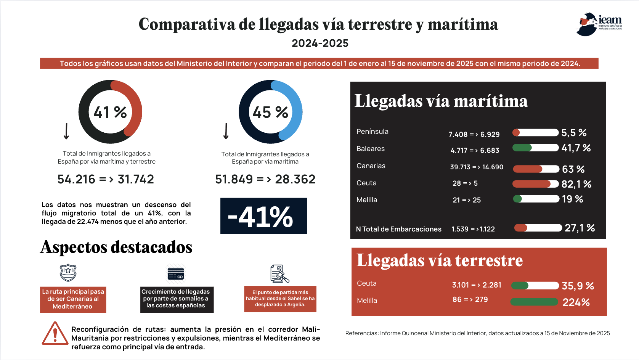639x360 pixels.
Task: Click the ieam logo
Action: point(599,24)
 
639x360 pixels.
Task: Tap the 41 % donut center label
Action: point(110,112)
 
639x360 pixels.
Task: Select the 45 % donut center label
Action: point(270,112)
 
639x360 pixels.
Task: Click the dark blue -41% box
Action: point(263,216)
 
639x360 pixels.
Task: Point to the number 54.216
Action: point(76,180)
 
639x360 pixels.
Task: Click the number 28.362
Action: point(295,180)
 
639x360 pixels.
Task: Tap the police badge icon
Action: point(68,273)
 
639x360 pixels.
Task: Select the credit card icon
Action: point(176,274)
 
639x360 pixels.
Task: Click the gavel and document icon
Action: point(279,273)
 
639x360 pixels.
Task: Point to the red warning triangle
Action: point(55,334)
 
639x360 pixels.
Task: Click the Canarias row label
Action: point(371,166)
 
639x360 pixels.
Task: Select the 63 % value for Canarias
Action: point(573,169)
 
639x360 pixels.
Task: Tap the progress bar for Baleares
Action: point(535,148)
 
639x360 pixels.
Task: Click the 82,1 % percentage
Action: point(576,184)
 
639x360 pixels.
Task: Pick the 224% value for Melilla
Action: point(576,302)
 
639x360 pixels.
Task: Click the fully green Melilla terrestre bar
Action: point(534,302)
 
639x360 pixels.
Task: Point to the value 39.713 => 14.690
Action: point(477,167)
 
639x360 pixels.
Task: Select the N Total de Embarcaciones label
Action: point(398,229)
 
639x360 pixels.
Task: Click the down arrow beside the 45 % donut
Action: point(226,131)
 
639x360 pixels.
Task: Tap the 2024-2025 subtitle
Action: point(320,43)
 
